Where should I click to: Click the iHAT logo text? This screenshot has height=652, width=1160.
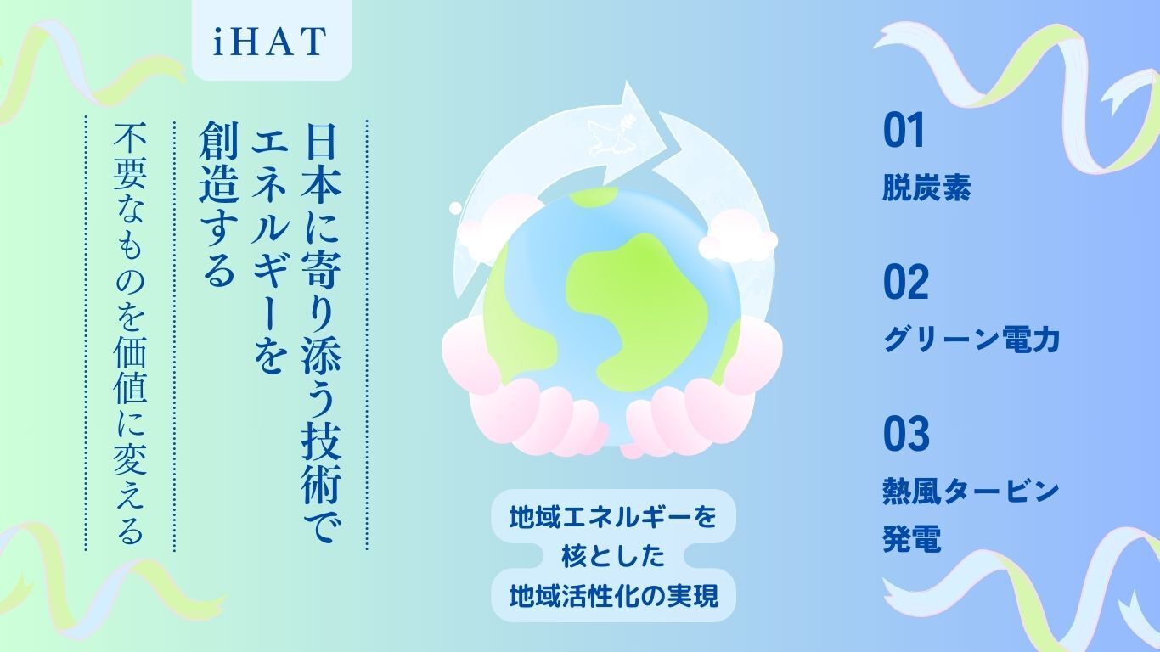(270, 41)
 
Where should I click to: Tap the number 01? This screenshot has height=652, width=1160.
(904, 131)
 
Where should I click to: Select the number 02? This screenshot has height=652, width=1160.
(906, 282)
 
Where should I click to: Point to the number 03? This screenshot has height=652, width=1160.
(906, 433)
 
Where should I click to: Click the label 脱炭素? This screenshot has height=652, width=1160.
(926, 187)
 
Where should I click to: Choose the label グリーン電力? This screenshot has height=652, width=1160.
(971, 340)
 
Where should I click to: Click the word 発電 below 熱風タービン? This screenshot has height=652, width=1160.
(912, 538)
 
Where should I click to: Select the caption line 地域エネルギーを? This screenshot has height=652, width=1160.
(613, 517)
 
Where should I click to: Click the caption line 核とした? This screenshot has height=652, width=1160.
(613, 556)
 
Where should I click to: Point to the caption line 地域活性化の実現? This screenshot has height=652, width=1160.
(614, 596)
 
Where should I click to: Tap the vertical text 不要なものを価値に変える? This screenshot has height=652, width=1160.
(130, 333)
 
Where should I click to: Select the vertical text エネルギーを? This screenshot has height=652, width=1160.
(269, 248)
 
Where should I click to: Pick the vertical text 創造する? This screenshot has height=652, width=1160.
(218, 205)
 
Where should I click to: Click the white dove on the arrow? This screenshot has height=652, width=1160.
(611, 135)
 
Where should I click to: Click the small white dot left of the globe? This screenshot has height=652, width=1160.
(455, 208)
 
